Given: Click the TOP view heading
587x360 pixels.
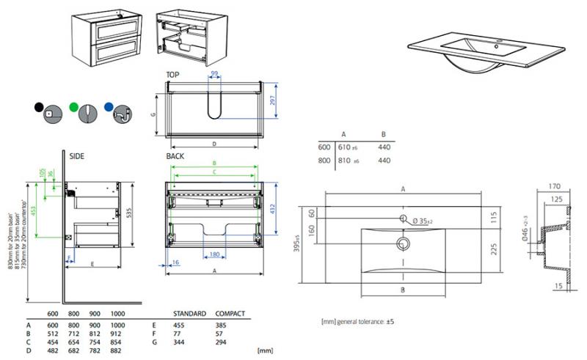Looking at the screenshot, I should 173,75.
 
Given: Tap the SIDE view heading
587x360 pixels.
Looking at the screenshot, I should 77,156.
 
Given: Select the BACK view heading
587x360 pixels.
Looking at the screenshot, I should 175,156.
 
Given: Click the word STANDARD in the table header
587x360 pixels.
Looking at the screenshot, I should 189,314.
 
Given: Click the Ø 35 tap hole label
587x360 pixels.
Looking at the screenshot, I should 424,221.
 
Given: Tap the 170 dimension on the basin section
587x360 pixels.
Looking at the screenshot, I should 555,186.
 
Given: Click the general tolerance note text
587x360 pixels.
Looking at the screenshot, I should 359,322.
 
